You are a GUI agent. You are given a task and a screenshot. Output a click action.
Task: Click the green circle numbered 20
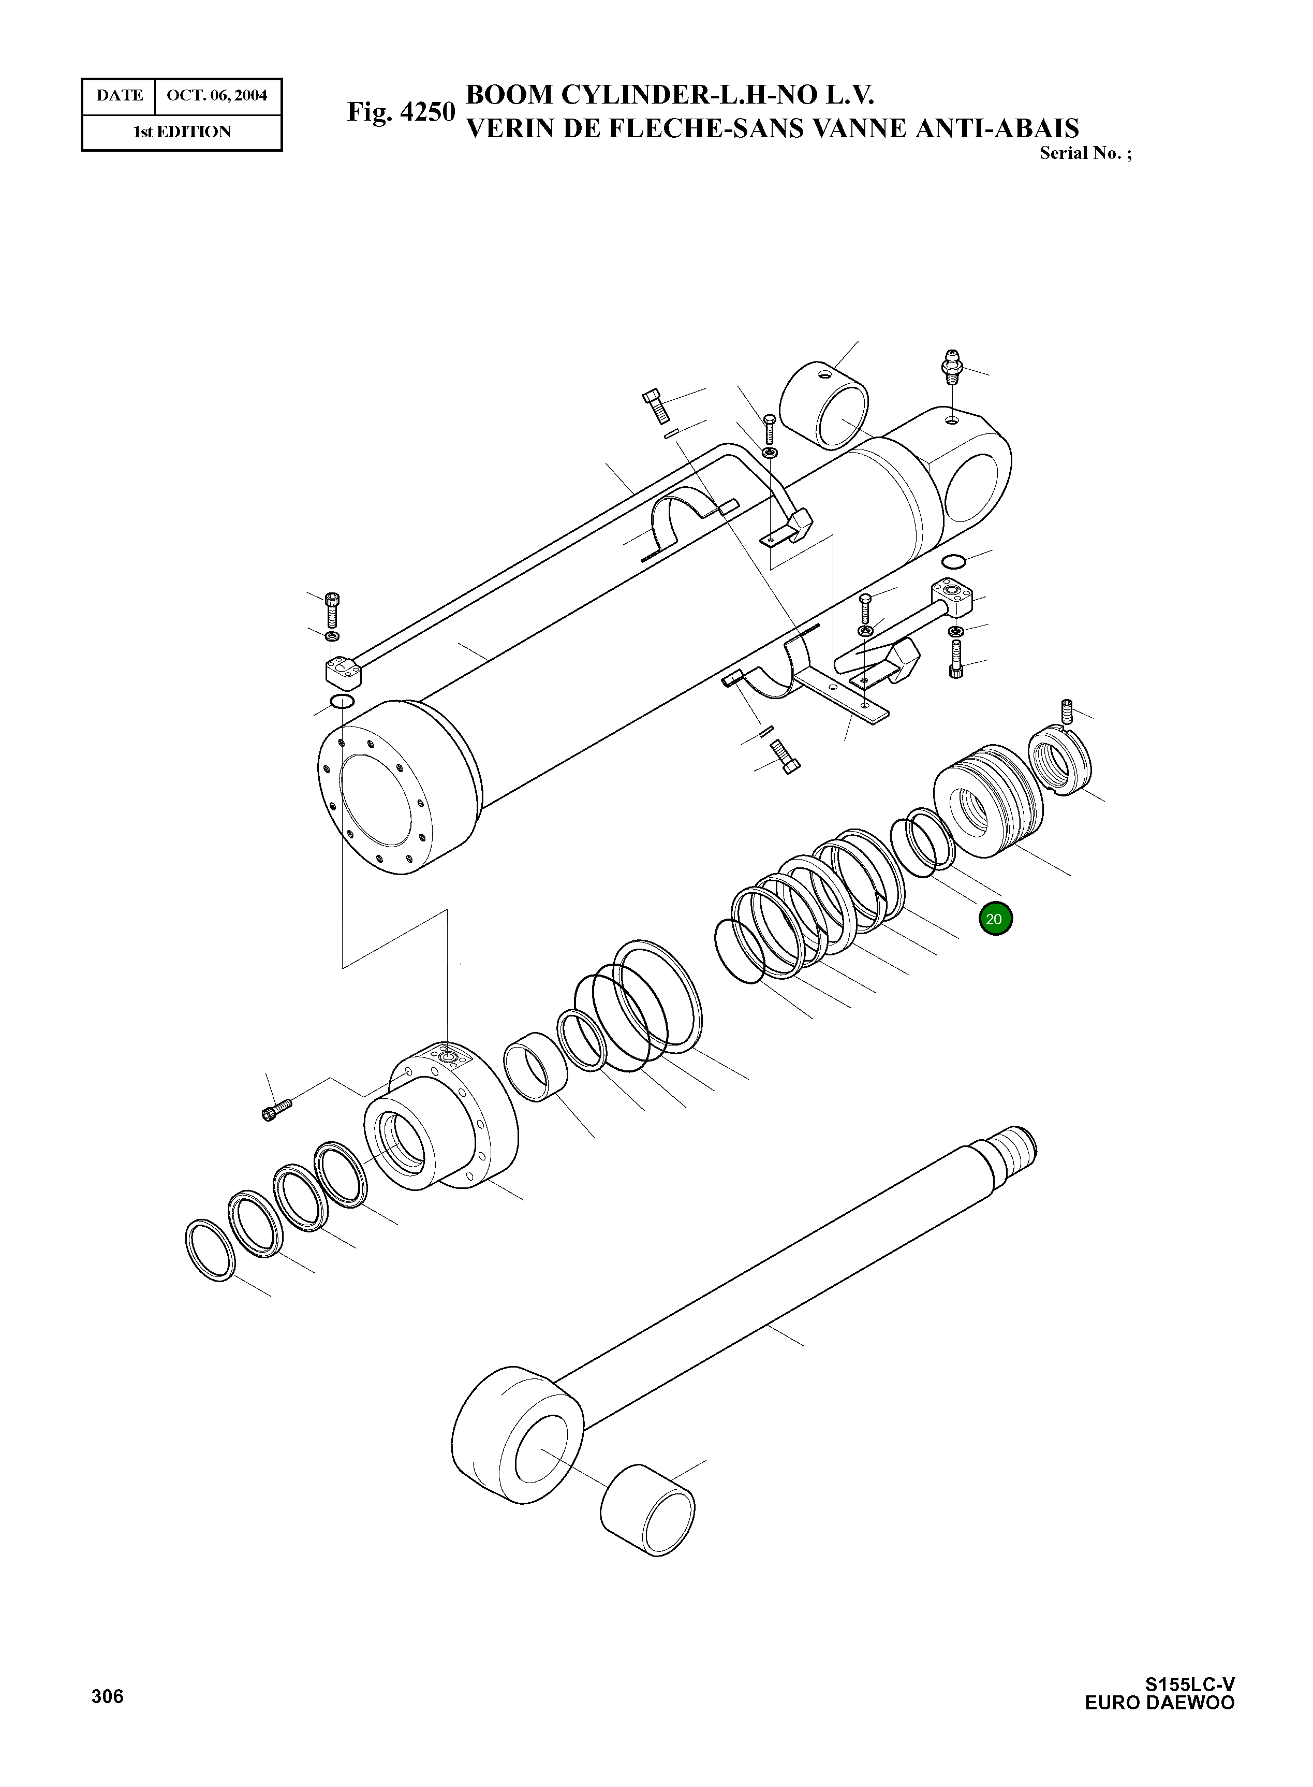(995, 919)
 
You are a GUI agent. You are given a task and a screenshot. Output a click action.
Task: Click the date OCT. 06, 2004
(216, 95)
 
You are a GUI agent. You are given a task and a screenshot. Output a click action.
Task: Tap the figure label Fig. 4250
(401, 112)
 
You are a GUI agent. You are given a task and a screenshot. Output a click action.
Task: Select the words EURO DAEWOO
(1160, 1703)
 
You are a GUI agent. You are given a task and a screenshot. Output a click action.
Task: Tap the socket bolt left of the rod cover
(276, 1108)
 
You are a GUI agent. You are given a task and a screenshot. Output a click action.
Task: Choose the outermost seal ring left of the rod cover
(210, 1250)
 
